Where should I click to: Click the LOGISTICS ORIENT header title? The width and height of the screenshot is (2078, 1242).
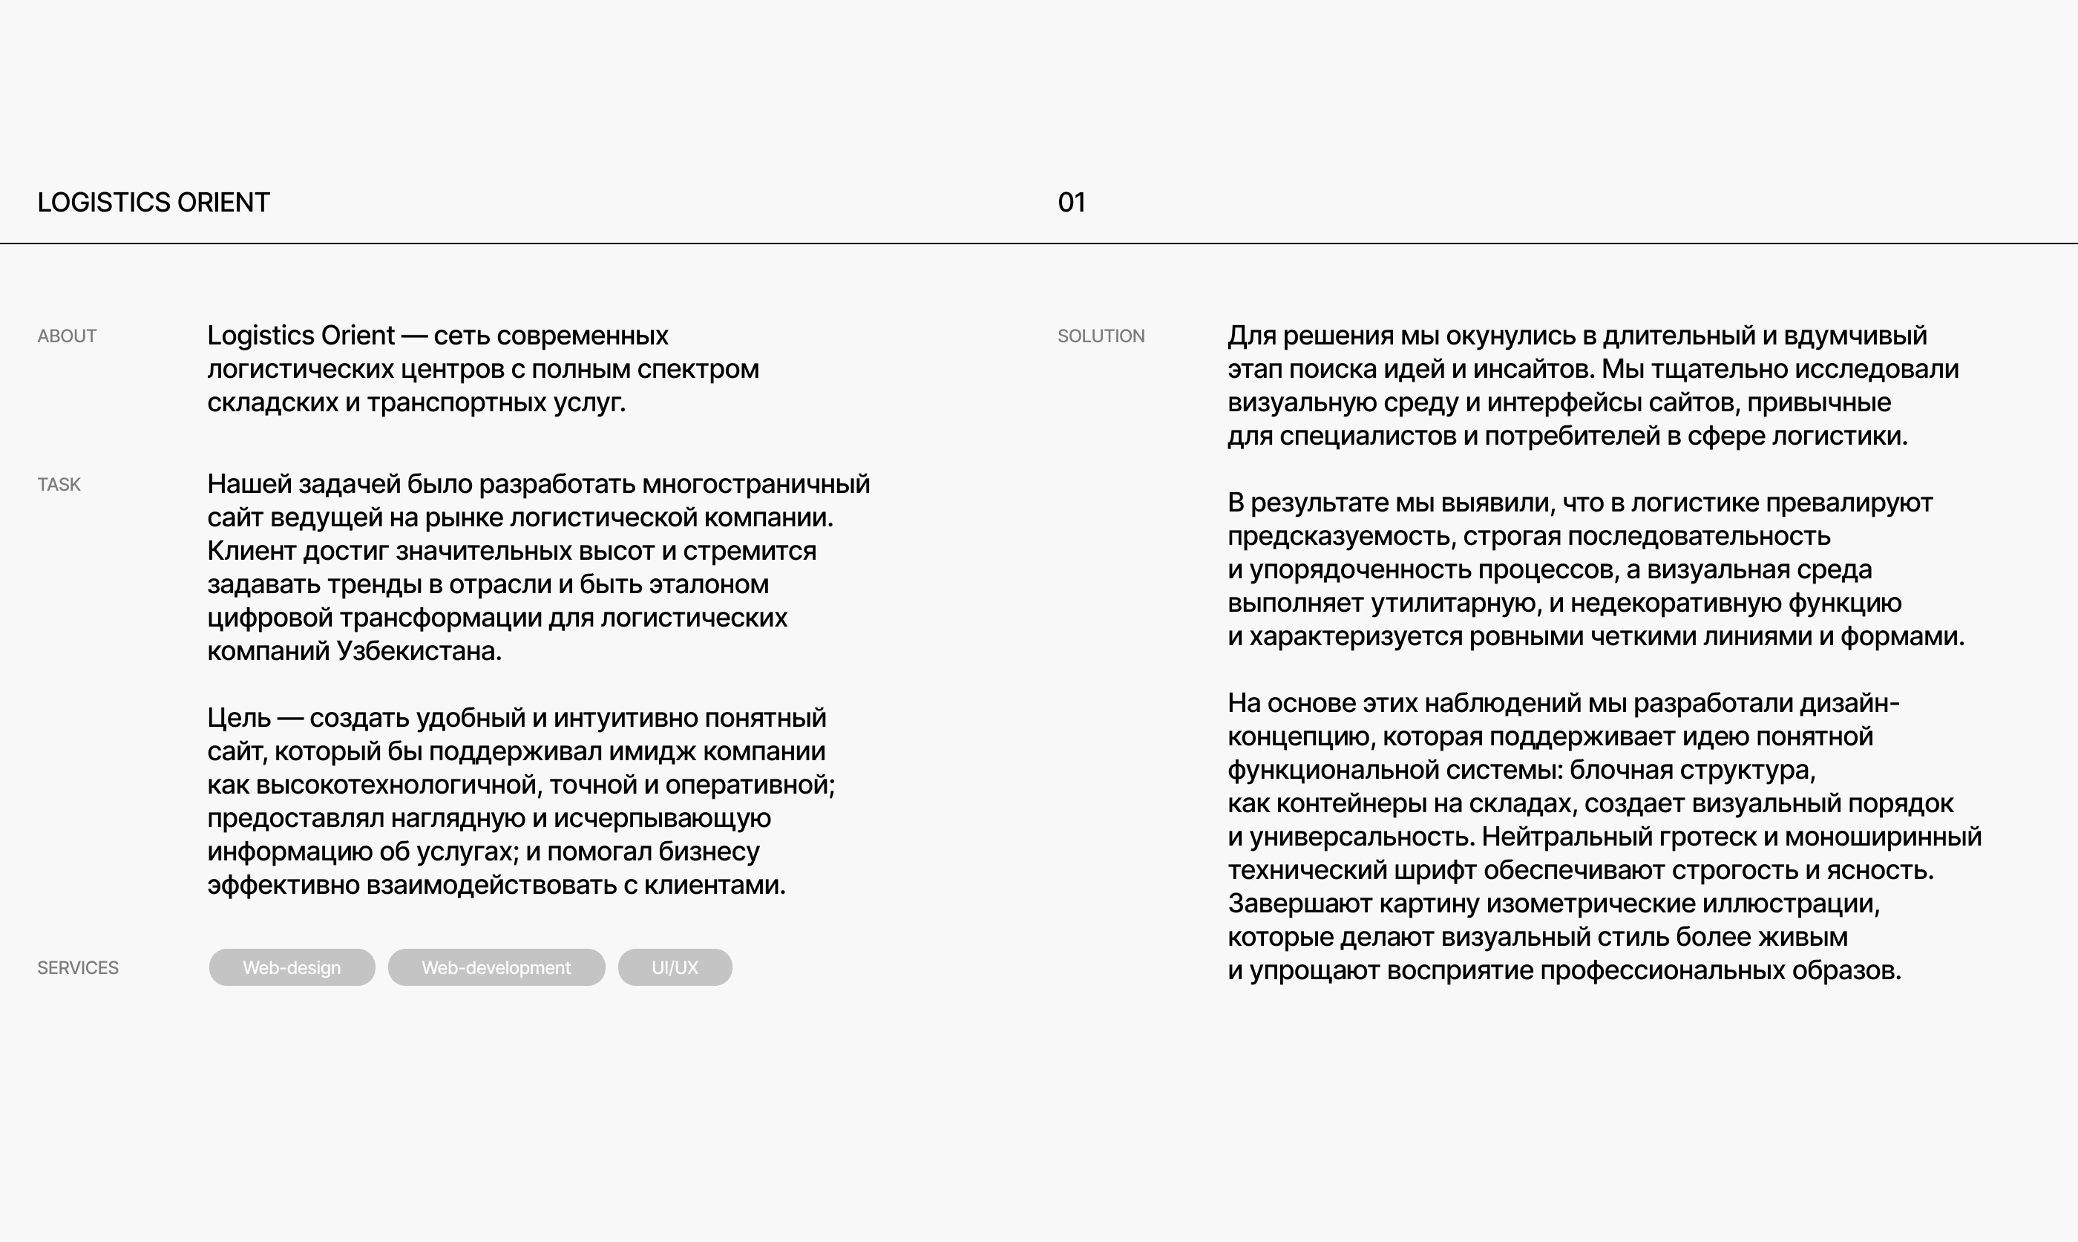click(153, 203)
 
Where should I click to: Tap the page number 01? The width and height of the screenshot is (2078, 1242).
click(1072, 203)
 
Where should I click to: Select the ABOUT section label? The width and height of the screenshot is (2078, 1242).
click(67, 336)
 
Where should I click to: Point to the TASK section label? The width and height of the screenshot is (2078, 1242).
click(59, 485)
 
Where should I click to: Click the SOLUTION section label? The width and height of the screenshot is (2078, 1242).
click(1101, 336)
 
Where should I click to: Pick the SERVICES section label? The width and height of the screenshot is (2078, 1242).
click(78, 968)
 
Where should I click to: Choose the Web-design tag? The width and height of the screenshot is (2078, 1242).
click(292, 968)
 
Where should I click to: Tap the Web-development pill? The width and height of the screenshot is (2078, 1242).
click(496, 968)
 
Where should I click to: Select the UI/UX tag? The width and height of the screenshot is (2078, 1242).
click(675, 968)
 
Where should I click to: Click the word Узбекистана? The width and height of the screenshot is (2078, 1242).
click(419, 651)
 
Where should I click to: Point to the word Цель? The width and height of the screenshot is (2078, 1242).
click(238, 718)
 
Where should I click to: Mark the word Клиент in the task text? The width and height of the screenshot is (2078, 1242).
click(251, 552)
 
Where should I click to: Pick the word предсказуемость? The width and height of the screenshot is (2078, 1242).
click(1342, 537)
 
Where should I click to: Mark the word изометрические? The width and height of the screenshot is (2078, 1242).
click(1591, 904)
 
